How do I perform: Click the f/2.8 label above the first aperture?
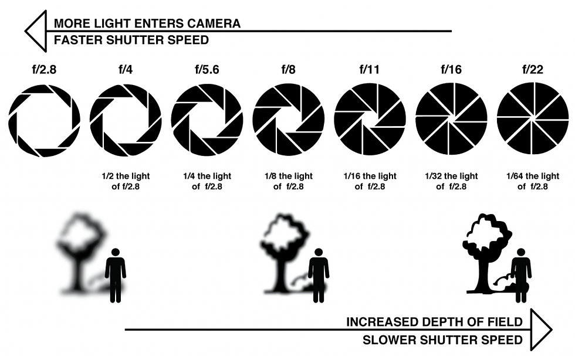45,69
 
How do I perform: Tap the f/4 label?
126,69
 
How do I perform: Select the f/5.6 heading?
207,69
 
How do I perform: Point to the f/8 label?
288,69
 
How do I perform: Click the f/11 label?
370,69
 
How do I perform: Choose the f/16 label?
451,69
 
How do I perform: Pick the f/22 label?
533,69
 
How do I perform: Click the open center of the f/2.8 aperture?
45,121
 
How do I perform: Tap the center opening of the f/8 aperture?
289,120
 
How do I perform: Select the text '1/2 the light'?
126,176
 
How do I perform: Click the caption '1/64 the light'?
533,176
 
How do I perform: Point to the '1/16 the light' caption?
370,176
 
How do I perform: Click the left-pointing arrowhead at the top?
36,31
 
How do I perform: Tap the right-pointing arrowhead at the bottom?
541,330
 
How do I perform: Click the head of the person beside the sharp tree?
521,252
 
